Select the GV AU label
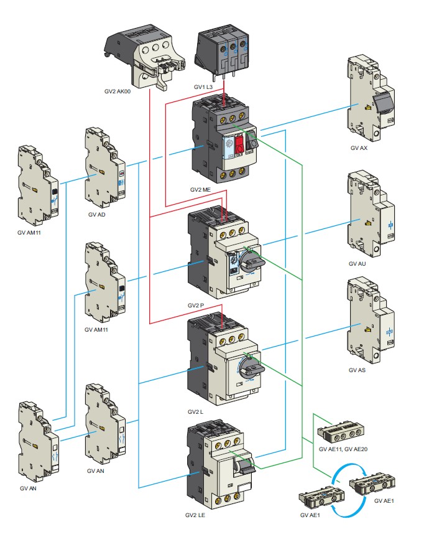click(357, 264)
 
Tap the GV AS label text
click(357, 370)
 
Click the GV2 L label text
click(195, 412)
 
